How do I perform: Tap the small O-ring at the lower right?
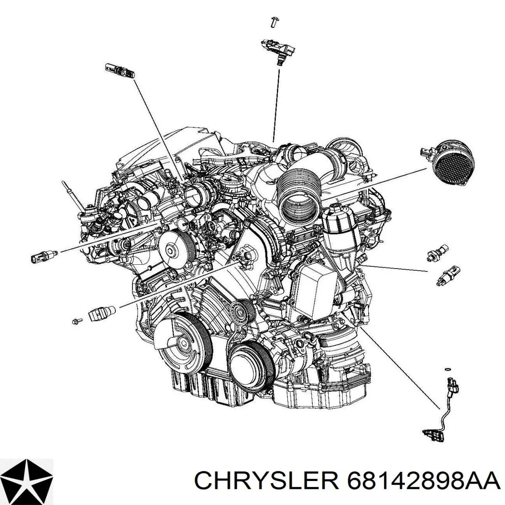pos(448,369)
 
